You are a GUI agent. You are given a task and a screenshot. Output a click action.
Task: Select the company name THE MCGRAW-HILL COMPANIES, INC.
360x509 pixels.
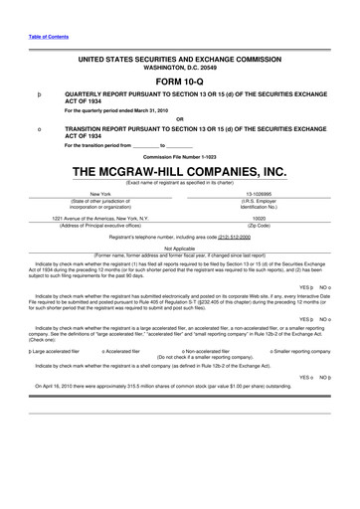point(180,171)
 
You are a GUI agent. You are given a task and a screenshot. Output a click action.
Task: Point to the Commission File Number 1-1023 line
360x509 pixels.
point(180,156)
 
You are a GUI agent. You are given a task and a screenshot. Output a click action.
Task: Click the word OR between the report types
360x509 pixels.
point(180,119)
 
